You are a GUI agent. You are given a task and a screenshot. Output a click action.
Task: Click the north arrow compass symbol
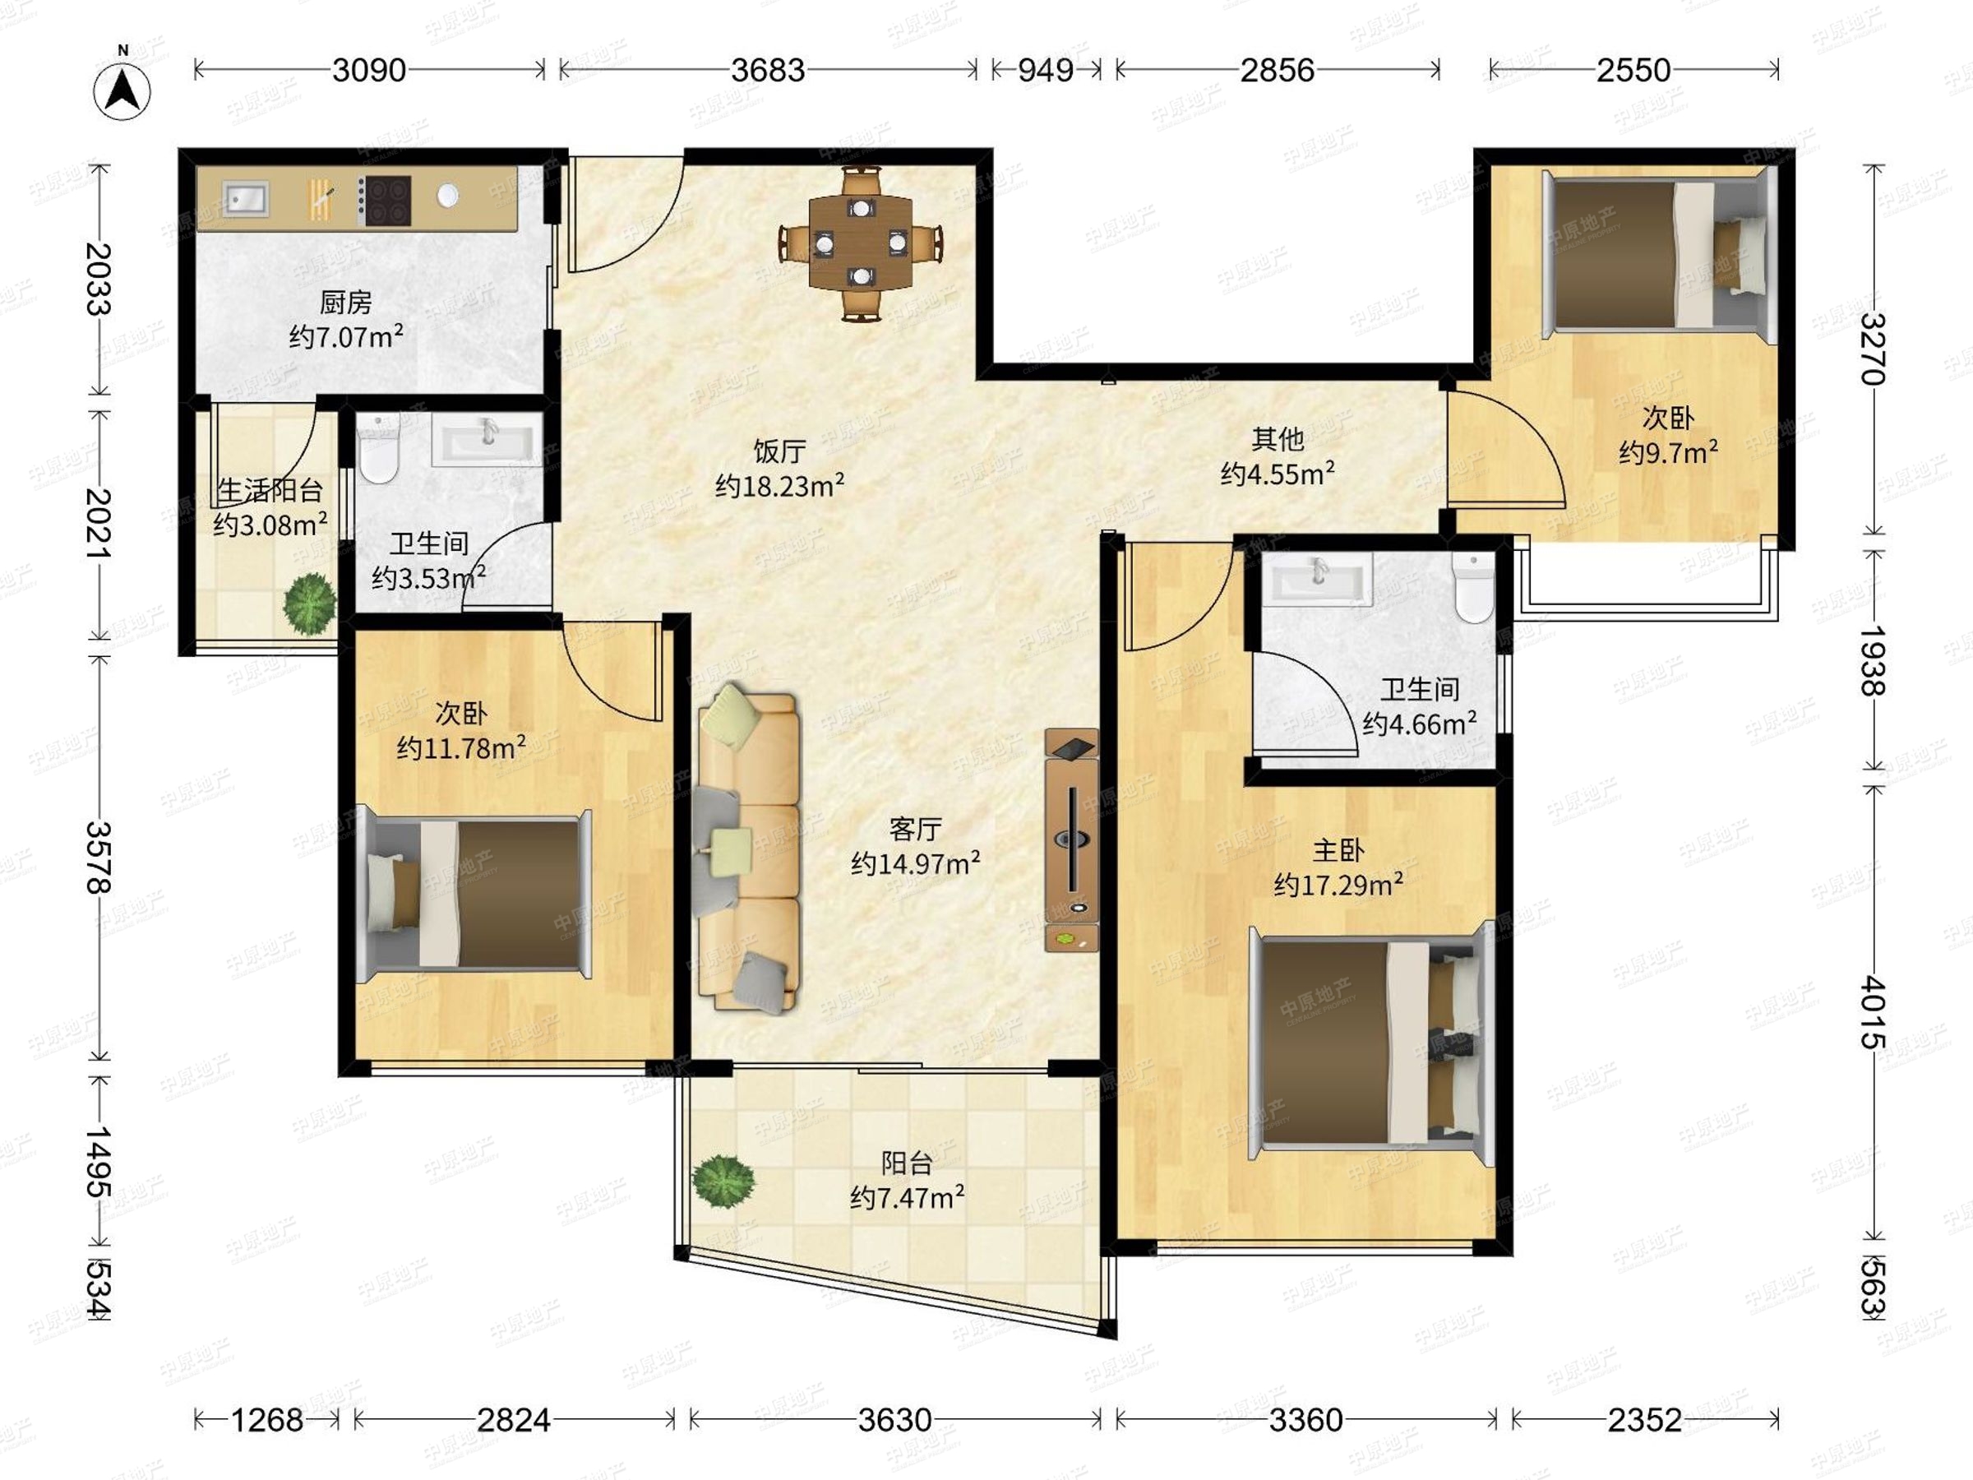click(122, 90)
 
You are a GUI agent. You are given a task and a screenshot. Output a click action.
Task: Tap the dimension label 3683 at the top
click(767, 70)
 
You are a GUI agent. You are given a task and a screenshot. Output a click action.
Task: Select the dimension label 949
click(1046, 70)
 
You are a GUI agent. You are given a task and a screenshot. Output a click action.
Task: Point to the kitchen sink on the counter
click(245, 198)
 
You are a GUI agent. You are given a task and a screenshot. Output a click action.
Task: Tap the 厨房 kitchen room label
click(345, 303)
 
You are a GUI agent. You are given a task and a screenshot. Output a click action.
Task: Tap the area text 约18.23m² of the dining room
click(779, 486)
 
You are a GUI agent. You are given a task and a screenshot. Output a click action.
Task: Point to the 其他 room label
click(1278, 439)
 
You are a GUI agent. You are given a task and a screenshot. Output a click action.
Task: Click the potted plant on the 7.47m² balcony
click(723, 1182)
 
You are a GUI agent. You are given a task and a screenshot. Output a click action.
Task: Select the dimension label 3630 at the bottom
click(894, 1419)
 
